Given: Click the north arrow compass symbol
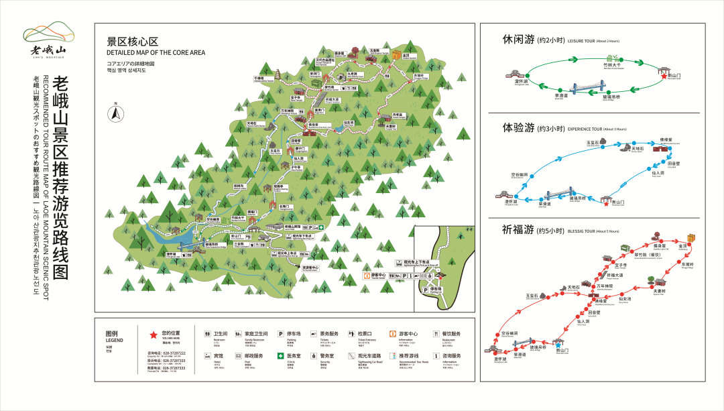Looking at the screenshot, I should [115, 113].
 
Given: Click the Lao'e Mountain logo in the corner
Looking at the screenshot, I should [48, 40].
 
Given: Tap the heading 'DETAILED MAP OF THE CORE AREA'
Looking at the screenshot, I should [156, 52].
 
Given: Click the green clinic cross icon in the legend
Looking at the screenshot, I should [281, 356].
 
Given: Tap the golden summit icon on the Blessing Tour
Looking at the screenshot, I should [691, 239].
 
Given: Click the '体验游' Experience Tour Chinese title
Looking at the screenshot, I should [518, 127].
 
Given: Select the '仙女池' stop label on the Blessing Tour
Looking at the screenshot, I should [625, 299].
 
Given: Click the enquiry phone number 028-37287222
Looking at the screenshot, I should [174, 353].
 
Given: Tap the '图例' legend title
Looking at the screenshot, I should [111, 333].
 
